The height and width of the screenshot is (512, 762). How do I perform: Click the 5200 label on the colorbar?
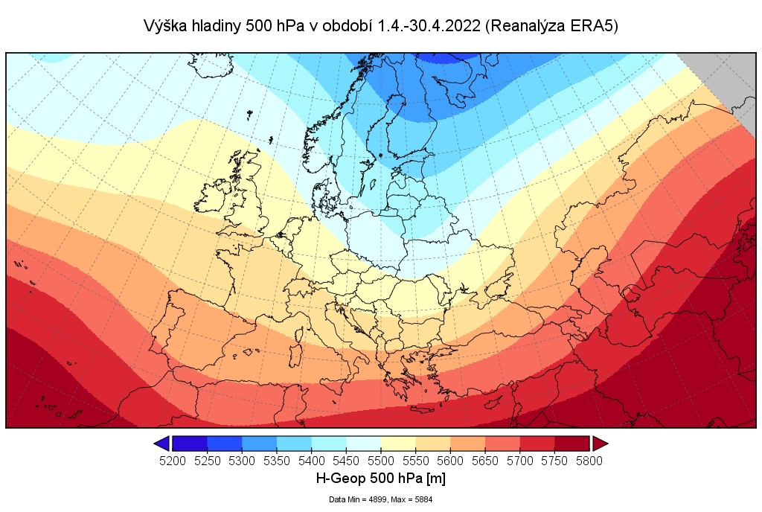(x=173, y=461)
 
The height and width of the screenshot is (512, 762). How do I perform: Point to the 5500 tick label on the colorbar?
(x=381, y=461)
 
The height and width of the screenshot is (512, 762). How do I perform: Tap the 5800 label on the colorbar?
(x=589, y=461)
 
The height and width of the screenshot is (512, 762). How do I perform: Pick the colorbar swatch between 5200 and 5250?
(x=190, y=444)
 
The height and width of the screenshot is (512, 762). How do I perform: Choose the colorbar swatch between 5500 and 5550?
(x=398, y=444)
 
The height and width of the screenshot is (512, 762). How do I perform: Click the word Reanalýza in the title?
(x=531, y=26)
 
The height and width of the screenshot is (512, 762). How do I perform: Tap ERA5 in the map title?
(x=593, y=26)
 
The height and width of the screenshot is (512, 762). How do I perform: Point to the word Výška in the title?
(x=161, y=26)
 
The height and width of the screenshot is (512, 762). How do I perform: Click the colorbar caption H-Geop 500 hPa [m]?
(x=381, y=478)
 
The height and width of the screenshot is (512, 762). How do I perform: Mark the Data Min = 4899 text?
(x=355, y=499)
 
